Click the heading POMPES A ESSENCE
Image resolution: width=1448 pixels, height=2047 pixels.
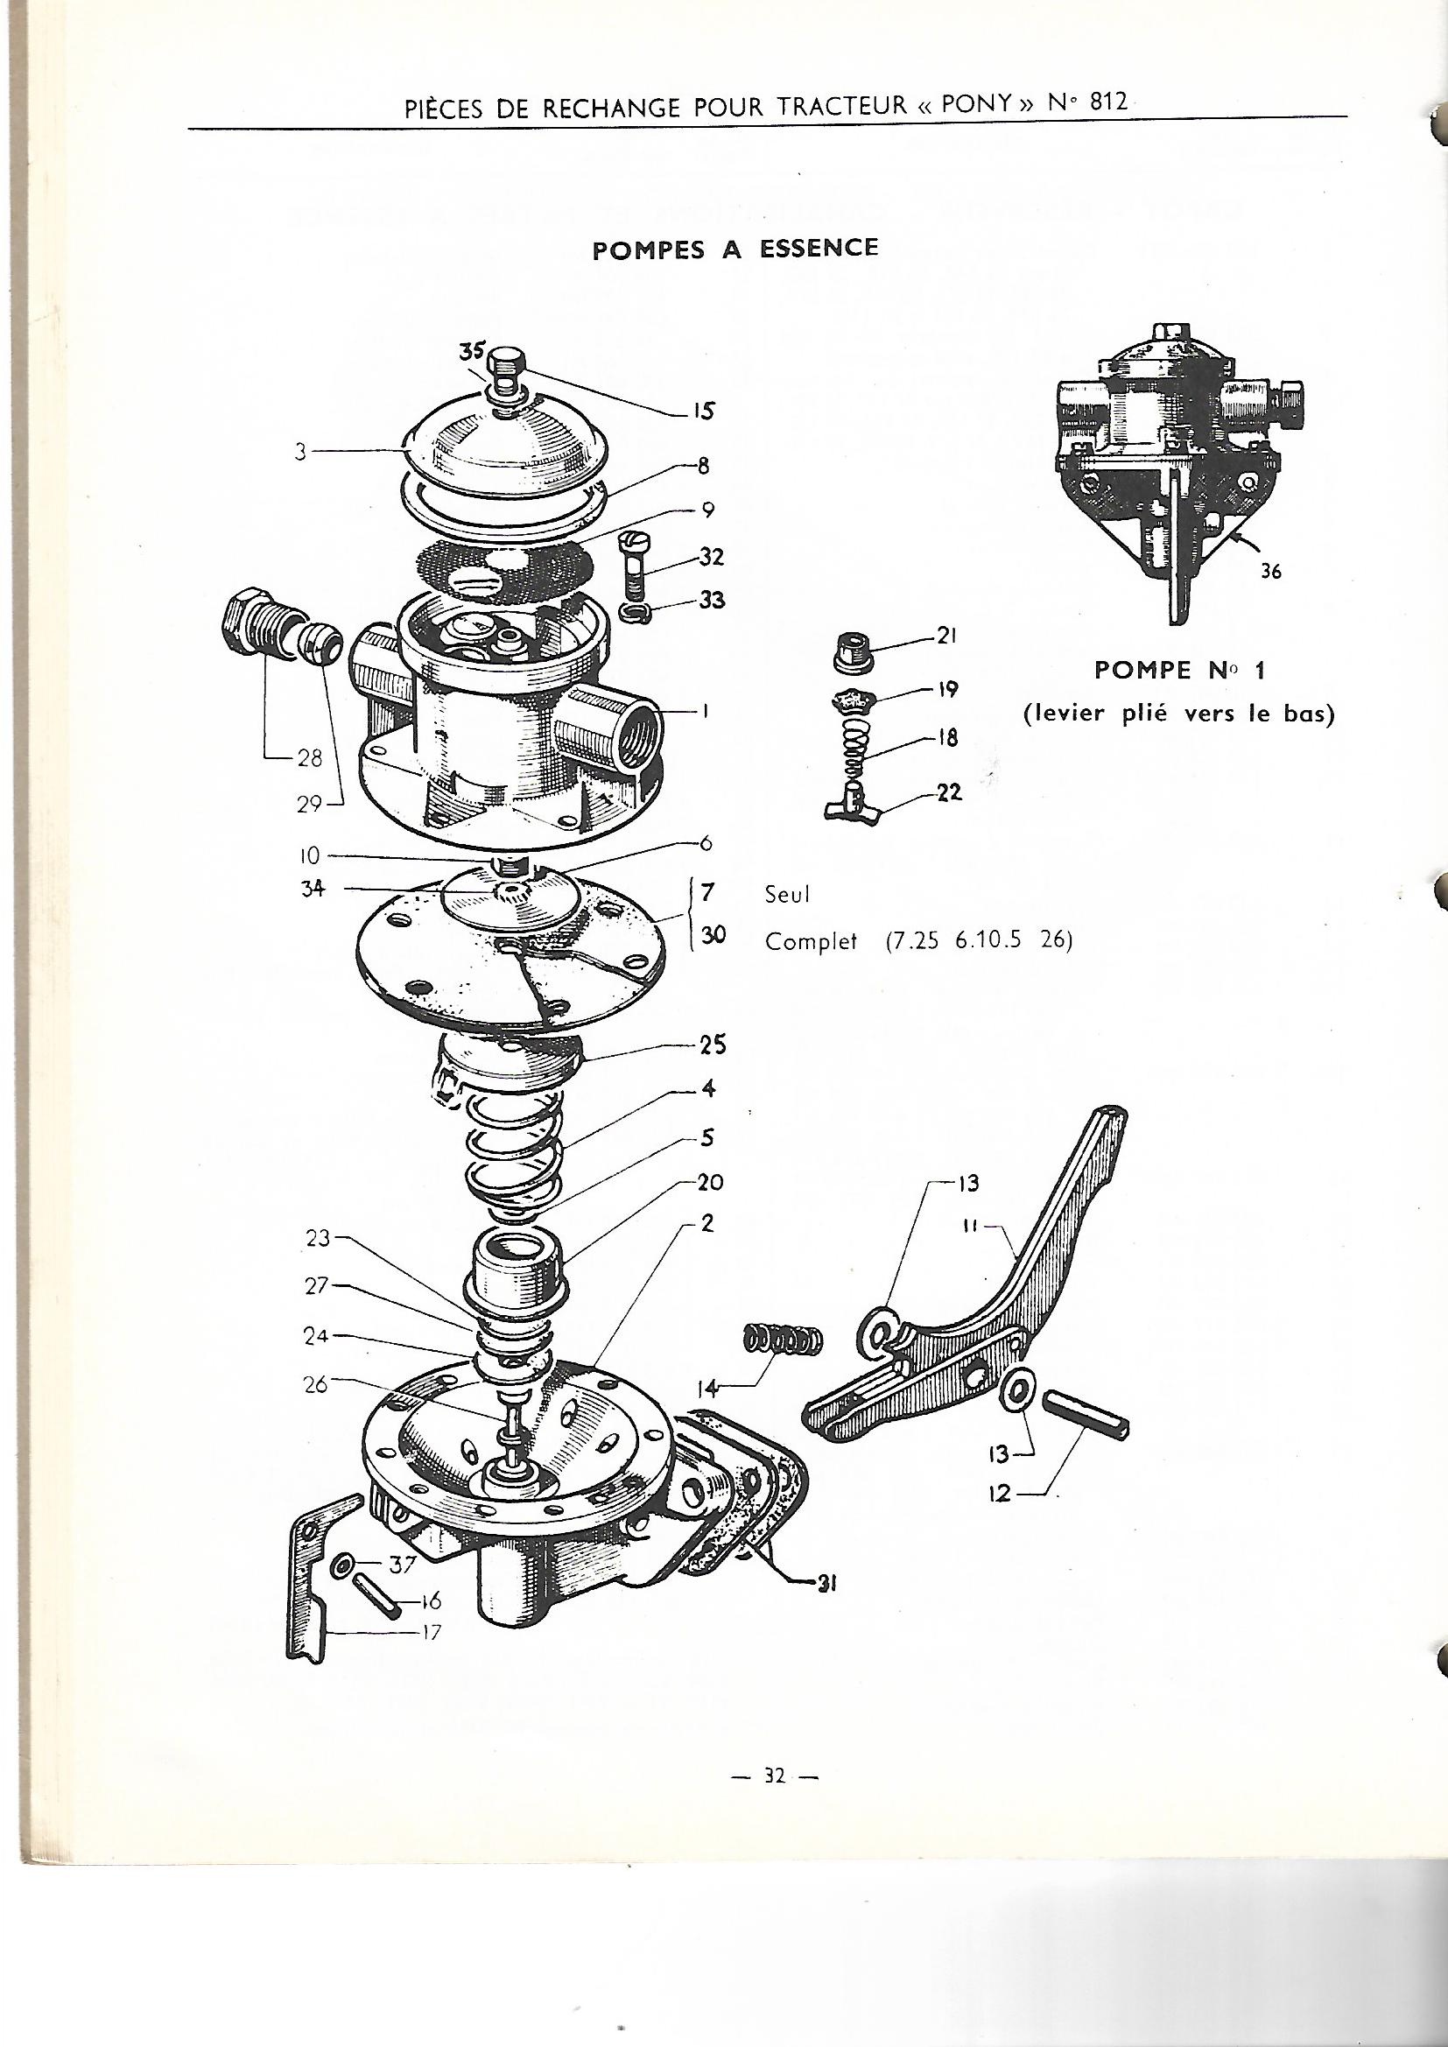coord(735,249)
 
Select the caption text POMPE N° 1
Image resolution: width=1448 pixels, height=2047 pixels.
coord(1178,672)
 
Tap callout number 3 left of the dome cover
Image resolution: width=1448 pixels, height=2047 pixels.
coord(301,452)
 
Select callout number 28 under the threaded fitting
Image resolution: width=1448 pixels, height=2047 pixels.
coord(309,759)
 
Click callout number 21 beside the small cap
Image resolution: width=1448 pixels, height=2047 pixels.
coord(946,637)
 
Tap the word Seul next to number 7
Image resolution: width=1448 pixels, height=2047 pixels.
coord(787,894)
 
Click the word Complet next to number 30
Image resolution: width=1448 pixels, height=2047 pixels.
coord(810,940)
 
